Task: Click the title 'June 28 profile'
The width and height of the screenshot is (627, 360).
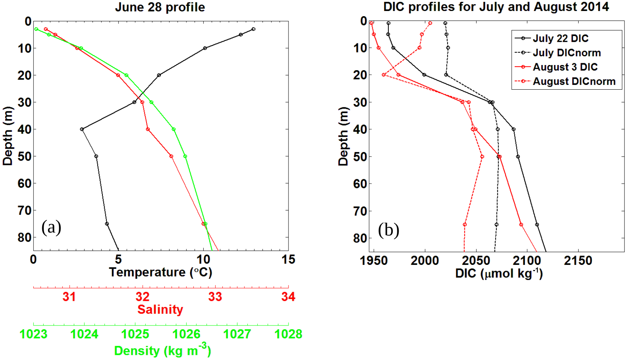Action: (x=160, y=7)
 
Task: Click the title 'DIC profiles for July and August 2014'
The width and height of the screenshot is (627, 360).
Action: (x=496, y=7)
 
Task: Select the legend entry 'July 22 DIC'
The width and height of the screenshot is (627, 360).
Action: (x=561, y=38)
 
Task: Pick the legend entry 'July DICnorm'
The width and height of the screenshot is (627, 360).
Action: (x=567, y=53)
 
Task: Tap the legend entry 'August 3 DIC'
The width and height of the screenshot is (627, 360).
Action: (x=565, y=67)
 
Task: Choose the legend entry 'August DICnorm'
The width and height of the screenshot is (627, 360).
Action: (x=574, y=81)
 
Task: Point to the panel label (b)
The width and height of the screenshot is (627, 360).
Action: (x=388, y=230)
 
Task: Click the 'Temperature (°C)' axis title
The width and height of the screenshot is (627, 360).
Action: (x=160, y=272)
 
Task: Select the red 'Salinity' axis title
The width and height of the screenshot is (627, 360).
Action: (x=160, y=309)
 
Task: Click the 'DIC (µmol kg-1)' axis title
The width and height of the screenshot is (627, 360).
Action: (x=499, y=273)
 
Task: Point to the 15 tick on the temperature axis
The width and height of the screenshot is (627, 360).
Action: (x=288, y=260)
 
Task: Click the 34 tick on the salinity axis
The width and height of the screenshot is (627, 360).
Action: (x=288, y=296)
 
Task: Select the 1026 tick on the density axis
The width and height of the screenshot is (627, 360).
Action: (x=186, y=334)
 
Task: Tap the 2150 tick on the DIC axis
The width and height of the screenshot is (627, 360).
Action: (x=578, y=261)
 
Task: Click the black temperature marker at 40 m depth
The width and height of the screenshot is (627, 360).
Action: (x=82, y=129)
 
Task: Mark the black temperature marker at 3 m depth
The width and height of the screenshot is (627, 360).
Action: (x=253, y=29)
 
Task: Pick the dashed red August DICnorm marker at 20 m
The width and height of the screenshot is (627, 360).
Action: (x=384, y=75)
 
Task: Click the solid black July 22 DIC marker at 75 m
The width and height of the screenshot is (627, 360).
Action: (x=537, y=224)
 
